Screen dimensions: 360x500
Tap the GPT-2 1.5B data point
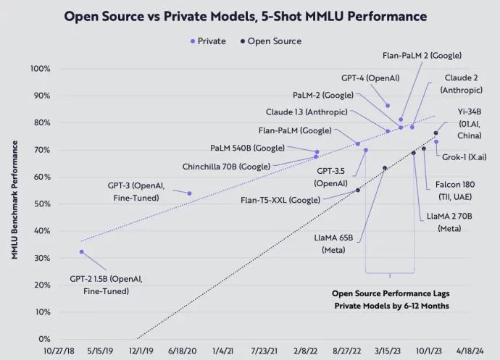[82, 252]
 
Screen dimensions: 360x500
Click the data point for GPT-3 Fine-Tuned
[190, 193]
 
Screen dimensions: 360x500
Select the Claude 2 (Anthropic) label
[461, 84]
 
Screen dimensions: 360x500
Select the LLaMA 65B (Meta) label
[334, 243]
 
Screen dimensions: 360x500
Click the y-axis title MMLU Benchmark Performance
[14, 204]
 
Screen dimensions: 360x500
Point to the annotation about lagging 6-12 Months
[391, 300]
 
